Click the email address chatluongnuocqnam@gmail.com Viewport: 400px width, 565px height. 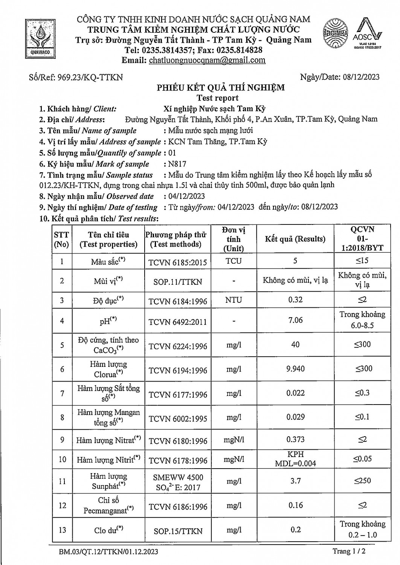207,60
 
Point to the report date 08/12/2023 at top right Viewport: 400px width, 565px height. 361,77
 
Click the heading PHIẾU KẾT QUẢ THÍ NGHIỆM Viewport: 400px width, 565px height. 221,88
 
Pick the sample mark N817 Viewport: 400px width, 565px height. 178,164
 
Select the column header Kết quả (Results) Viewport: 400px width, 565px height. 295,239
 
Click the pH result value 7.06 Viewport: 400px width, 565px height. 295,320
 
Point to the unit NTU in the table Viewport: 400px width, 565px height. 234,300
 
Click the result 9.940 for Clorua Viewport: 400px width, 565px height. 295,369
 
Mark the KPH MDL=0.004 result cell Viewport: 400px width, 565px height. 295,459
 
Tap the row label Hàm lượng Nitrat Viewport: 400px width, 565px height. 108,440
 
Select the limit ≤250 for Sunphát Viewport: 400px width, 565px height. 362,481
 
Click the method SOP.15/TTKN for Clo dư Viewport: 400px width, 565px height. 178,531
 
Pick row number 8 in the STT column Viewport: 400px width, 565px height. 62,417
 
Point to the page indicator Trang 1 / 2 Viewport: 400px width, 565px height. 349,551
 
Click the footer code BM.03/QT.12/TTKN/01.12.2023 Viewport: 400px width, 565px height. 108,552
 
